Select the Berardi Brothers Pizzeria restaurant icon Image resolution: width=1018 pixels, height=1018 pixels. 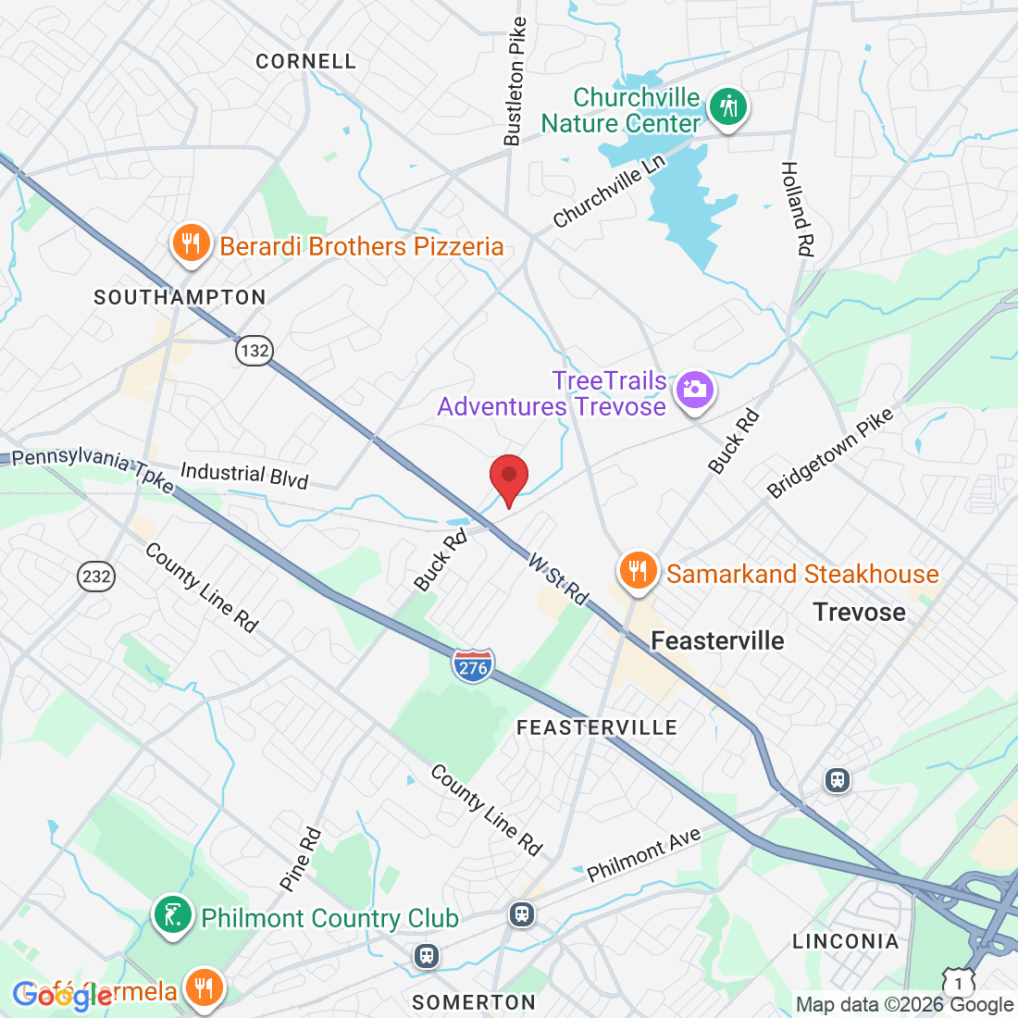click(191, 244)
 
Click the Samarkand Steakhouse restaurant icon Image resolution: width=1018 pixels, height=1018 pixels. click(638, 571)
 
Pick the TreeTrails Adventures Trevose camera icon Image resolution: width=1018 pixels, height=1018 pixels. click(694, 390)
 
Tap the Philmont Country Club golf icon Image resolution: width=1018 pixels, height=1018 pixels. click(172, 916)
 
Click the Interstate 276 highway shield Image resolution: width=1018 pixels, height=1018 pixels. click(473, 666)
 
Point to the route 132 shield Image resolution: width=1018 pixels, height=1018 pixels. click(254, 351)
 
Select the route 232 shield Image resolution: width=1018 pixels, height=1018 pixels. click(95, 577)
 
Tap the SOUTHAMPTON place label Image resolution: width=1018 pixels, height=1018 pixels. click(180, 297)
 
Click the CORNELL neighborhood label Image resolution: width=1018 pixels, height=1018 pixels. click(305, 61)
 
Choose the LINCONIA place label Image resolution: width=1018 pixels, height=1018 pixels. click(845, 941)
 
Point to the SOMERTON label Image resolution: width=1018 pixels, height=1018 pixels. click(474, 1002)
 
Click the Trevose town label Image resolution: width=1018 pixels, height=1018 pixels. click(859, 612)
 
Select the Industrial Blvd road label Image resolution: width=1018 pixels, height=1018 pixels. click(243, 475)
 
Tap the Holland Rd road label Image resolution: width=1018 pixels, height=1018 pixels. click(797, 208)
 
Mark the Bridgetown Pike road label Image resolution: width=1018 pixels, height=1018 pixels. click(831, 453)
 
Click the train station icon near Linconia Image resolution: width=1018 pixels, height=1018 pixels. click(838, 780)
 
